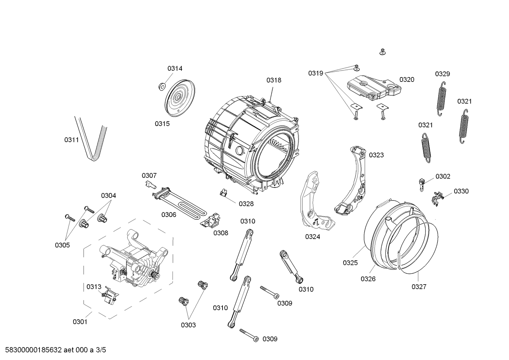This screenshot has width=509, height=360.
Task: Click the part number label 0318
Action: pos(274,80)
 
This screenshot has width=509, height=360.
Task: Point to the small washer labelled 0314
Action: pos(161,86)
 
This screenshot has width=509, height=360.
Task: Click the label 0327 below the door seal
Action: pos(419,287)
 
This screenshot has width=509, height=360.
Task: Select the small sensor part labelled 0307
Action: pos(150,184)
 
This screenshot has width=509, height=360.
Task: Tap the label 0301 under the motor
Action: pos(80,322)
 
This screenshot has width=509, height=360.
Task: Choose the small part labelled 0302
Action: pos(422,184)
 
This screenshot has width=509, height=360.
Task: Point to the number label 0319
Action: pos(315,74)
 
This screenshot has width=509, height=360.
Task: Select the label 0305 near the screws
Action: pos(62,245)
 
